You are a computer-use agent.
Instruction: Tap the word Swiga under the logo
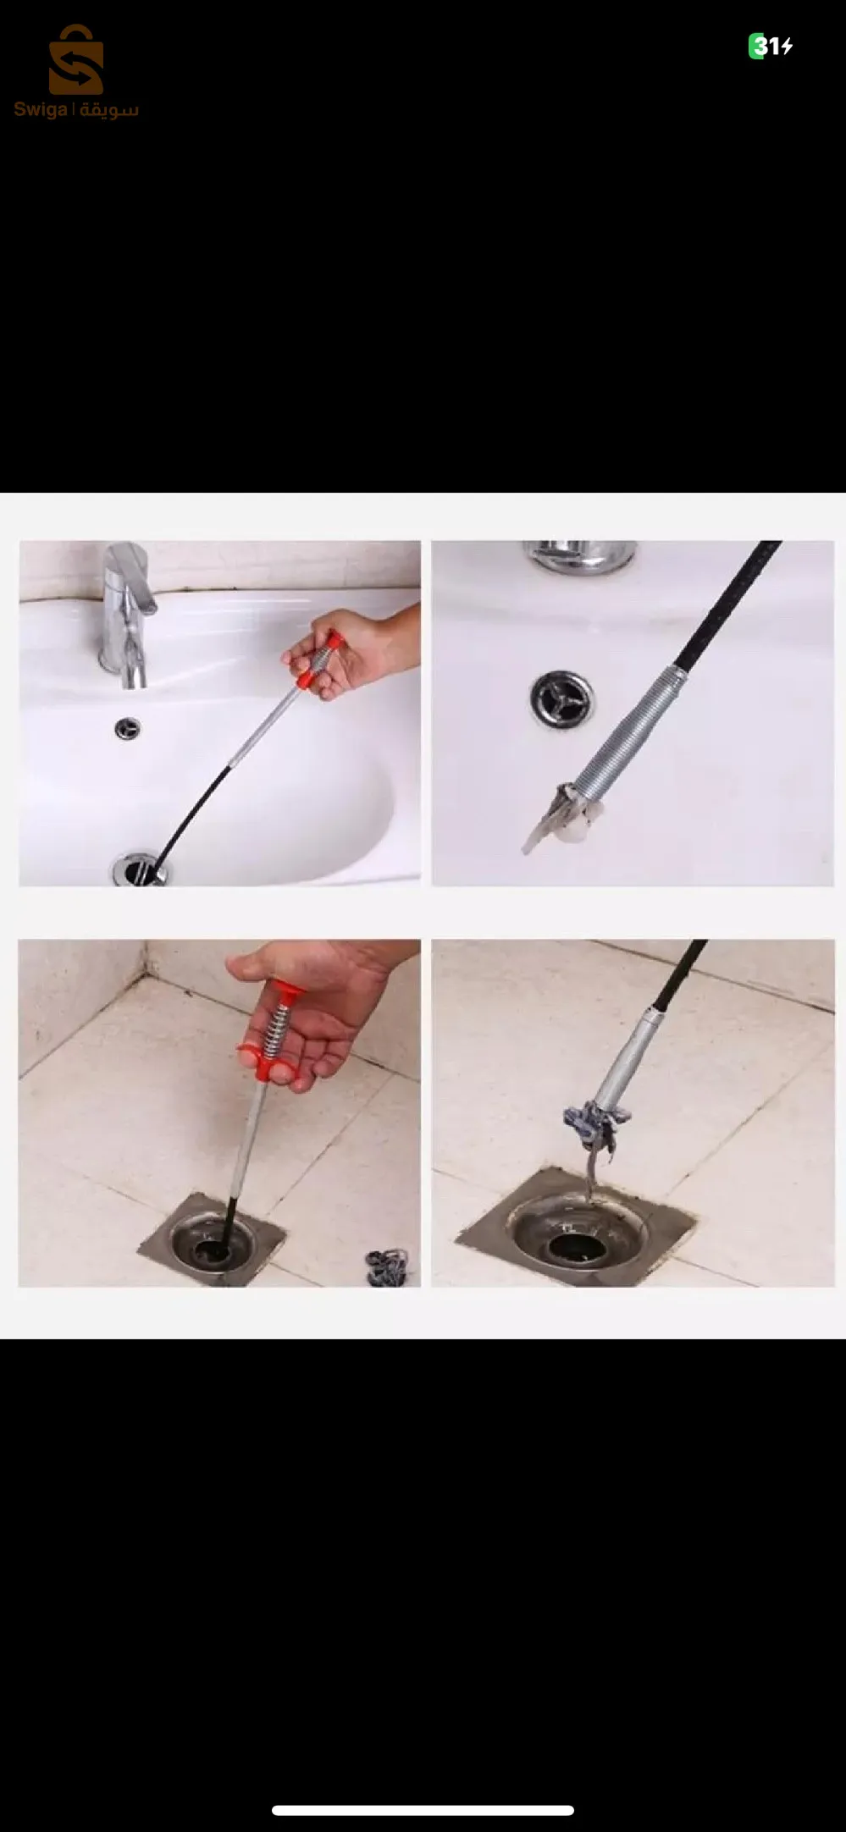pos(41,110)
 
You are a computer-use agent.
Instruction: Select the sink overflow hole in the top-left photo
pos(128,727)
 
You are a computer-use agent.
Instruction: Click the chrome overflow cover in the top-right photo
pos(562,699)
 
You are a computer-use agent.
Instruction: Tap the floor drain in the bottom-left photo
pos(212,1240)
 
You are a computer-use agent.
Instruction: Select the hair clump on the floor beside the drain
pos(387,1267)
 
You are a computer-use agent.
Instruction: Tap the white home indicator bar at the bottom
pos(423,1810)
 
